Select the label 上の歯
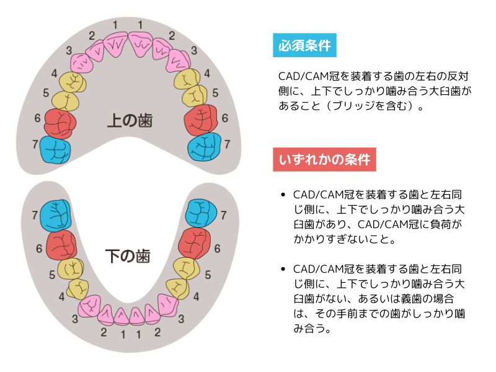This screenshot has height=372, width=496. click(129, 120)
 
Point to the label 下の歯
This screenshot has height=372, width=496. click(128, 255)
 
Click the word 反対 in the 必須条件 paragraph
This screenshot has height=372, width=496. click(458, 76)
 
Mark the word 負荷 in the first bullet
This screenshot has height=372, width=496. click(445, 223)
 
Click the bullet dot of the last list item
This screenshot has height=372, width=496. click(283, 270)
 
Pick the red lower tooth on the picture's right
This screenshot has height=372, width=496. click(195, 244)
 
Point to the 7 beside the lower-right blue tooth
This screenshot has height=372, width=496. click(224, 215)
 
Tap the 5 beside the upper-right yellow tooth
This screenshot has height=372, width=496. click(215, 93)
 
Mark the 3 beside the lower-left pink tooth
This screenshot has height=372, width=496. click(75, 319)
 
